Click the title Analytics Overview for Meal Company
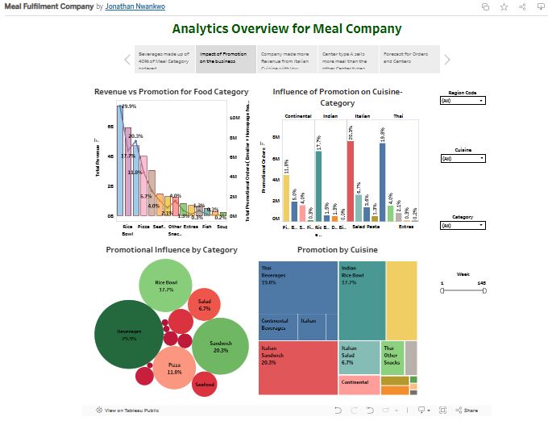pos(286,29)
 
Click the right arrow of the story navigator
pos(448,60)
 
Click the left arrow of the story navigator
pos(127,60)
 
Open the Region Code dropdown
pos(463,102)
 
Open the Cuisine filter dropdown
pos(463,159)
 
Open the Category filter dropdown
pos(463,226)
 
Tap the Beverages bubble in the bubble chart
pos(129,334)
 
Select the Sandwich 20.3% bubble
pos(222,345)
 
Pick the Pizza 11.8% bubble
pos(175,368)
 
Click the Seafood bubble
pos(205,383)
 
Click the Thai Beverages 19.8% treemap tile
pos(297,287)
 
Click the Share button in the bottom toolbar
pos(467,411)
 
